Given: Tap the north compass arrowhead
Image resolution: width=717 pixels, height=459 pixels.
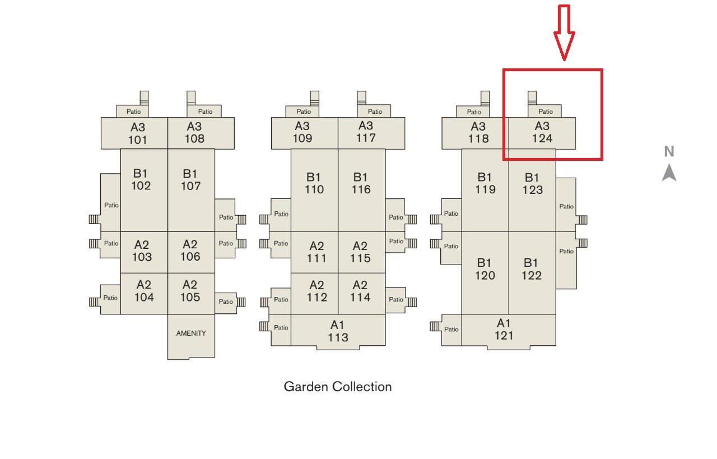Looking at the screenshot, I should [x=669, y=173].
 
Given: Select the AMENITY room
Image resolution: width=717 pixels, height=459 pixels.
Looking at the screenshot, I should [x=191, y=333].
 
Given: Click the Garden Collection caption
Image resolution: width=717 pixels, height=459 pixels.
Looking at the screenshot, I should [x=338, y=387].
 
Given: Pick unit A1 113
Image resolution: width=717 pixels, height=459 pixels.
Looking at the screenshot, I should [x=338, y=331].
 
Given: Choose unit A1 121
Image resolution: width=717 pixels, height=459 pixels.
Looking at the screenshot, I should [x=504, y=330].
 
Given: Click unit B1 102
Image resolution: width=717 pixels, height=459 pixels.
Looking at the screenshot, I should [x=141, y=179].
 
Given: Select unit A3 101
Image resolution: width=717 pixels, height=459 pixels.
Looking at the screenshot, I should [x=137, y=133].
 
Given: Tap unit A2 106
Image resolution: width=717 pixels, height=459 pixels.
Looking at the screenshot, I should [x=190, y=251].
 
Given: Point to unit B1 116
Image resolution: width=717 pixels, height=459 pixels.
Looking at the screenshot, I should [x=361, y=183].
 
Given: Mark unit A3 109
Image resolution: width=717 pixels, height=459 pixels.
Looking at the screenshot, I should [x=302, y=132].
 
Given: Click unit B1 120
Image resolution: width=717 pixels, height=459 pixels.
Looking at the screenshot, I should [x=485, y=269].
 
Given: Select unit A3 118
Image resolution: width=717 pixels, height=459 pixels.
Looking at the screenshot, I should [x=478, y=133].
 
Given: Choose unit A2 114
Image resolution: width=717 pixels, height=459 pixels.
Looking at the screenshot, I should [x=361, y=291].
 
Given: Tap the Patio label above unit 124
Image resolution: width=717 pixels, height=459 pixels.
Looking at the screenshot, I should [x=546, y=112].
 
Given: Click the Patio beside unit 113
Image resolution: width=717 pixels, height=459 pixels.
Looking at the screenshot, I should [x=281, y=328].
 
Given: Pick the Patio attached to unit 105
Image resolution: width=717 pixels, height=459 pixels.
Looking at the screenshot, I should [x=226, y=302].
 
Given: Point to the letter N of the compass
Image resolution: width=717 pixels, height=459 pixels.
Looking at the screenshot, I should [x=669, y=151].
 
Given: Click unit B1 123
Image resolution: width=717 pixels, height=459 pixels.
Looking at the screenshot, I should [x=532, y=184].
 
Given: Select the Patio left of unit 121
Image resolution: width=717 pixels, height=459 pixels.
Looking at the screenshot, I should [x=451, y=329].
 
